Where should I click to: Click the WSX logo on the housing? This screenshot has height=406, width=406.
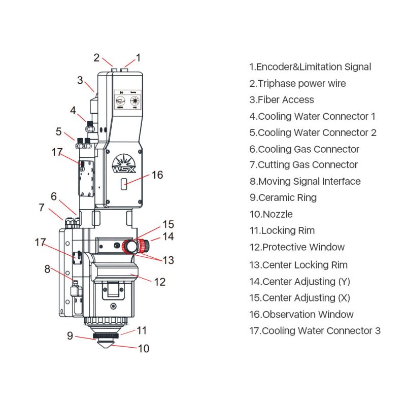point(124,163)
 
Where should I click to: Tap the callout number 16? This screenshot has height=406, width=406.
point(157,175)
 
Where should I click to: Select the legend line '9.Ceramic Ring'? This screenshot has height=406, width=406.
point(283,197)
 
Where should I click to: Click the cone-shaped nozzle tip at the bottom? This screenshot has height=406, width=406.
point(106,344)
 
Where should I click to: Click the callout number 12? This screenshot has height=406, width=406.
point(159,282)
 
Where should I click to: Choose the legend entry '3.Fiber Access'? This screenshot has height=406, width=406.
point(282,99)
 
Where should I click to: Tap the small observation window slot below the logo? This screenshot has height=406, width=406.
point(124,184)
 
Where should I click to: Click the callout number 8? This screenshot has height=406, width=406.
point(47,269)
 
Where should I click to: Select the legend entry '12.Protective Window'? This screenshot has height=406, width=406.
point(297,247)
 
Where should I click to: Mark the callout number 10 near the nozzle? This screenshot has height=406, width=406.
point(144,349)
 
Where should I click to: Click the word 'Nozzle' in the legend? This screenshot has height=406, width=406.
point(278,214)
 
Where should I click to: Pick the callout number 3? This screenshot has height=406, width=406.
point(80,80)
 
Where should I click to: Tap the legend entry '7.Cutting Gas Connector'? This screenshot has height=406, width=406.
point(303,164)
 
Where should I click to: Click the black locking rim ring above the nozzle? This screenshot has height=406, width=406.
point(106,336)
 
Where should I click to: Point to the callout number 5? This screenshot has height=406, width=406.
point(59,131)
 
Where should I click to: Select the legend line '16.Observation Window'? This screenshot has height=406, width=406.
point(301,314)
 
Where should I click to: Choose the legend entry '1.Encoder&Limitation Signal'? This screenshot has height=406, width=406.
point(310,67)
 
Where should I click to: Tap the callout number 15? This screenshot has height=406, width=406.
point(168,224)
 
